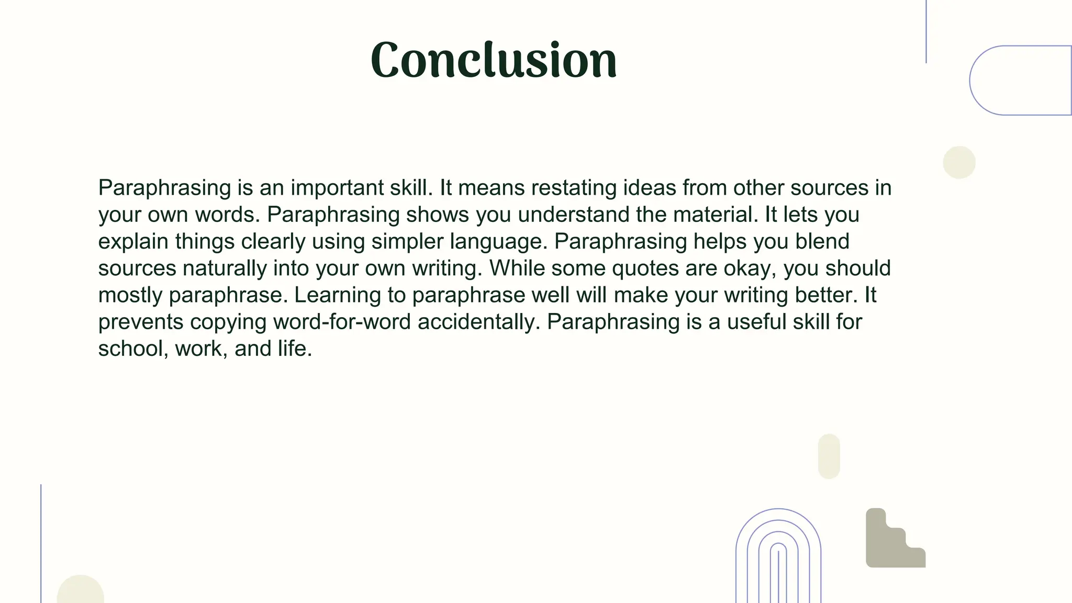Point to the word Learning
click(337, 295)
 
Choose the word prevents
click(141, 322)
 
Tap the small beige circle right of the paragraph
click(959, 162)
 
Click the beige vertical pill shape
click(829, 456)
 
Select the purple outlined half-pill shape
click(1018, 80)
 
